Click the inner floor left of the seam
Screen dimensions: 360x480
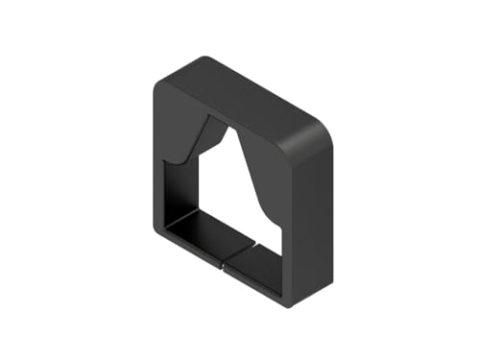tap(197, 231)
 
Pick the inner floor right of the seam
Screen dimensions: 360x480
tap(254, 254)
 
